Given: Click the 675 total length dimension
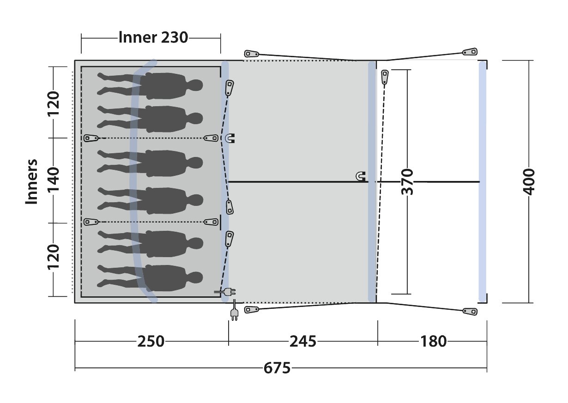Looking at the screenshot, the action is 277,368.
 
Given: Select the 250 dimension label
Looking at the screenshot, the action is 151,342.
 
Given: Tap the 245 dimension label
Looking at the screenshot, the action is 303,342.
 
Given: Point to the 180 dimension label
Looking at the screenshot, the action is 434,342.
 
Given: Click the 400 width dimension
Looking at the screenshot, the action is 529,182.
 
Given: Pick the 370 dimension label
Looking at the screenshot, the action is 407,182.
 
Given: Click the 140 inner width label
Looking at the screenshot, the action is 54,180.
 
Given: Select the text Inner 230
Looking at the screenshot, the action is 153,37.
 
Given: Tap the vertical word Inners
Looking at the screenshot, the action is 32,181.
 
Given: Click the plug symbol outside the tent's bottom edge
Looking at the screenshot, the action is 234,312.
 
